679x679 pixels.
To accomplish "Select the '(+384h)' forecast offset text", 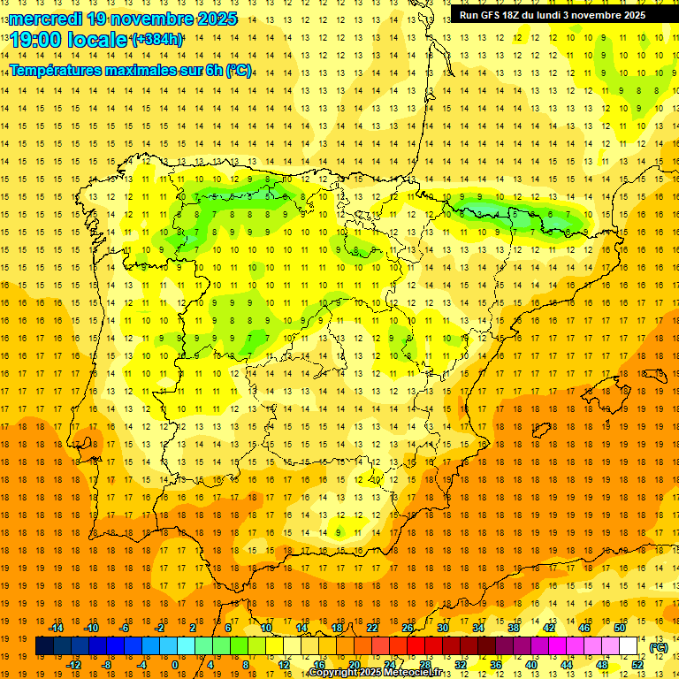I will (x=157, y=40).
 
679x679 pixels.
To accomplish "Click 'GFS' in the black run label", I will (x=492, y=15).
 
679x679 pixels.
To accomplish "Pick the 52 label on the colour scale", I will (x=637, y=665).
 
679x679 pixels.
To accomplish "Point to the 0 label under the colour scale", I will (x=175, y=665).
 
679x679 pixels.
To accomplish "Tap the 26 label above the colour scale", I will (x=408, y=628).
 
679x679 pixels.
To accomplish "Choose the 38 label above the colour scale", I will (x=514, y=628).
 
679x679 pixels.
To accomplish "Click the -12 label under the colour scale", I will (x=74, y=665).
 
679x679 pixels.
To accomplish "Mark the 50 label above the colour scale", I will (x=620, y=628).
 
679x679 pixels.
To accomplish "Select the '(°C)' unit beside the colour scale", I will (x=658, y=647).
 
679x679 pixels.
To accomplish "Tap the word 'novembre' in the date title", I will (x=152, y=19).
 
